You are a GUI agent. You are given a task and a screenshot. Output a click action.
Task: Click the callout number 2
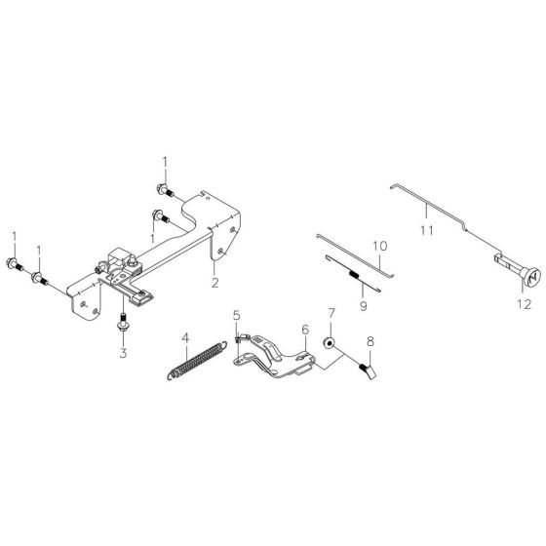(213, 256)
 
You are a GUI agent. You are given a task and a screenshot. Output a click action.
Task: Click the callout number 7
(331, 314)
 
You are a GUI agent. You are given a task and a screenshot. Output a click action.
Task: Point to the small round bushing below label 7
(331, 343)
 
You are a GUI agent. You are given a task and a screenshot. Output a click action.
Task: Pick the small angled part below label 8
(369, 370)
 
